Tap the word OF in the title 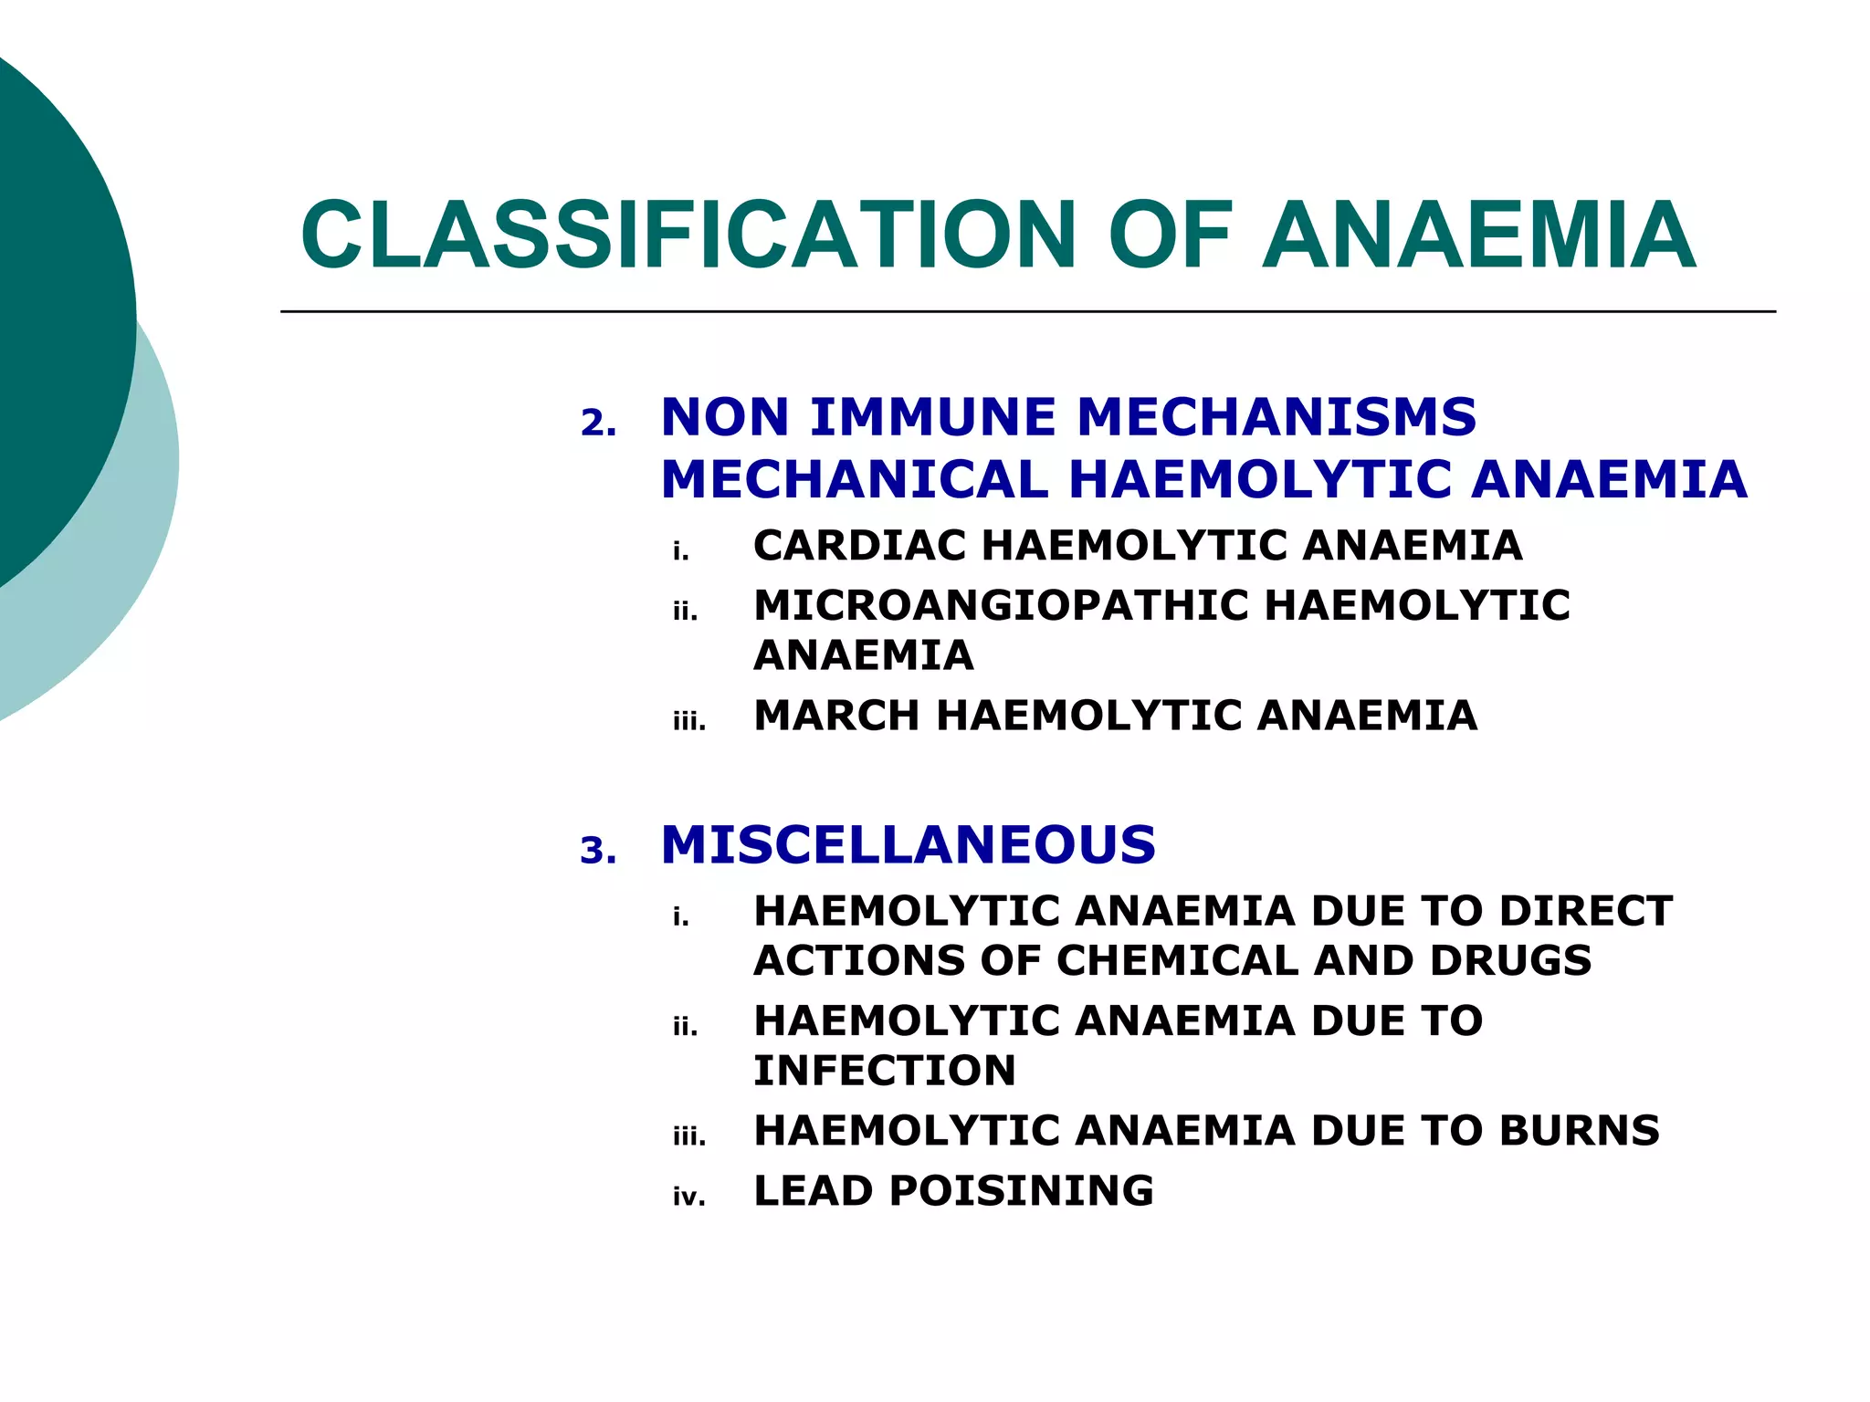point(1170,235)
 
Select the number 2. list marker point(598,424)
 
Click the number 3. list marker point(598,851)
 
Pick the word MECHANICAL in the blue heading point(855,479)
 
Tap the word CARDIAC point(859,546)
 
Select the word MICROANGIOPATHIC point(1000,605)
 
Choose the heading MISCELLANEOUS point(908,844)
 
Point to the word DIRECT point(1585,911)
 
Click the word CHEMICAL point(1177,960)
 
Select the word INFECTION point(884,1070)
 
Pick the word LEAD point(813,1190)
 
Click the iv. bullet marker point(689,1197)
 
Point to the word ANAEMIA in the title point(1478,235)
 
